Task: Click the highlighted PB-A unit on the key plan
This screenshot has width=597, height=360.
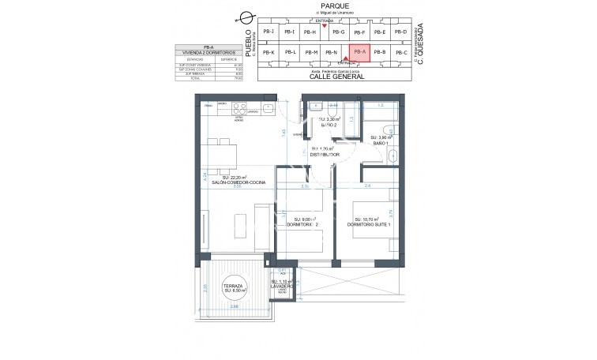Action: [x=359, y=53]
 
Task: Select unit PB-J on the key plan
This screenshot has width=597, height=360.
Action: [x=268, y=32]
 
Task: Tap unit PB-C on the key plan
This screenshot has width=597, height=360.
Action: [x=401, y=53]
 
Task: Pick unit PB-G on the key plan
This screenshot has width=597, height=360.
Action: [x=338, y=32]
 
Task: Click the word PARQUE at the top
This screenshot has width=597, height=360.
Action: [x=335, y=5]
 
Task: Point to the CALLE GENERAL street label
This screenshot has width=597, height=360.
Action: [x=335, y=77]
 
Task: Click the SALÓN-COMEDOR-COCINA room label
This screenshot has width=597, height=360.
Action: [x=232, y=182]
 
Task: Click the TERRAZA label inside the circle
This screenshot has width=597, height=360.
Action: [x=234, y=286]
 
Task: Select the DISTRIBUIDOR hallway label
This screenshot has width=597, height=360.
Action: [x=325, y=155]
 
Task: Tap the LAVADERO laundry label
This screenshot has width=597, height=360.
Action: [x=281, y=286]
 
